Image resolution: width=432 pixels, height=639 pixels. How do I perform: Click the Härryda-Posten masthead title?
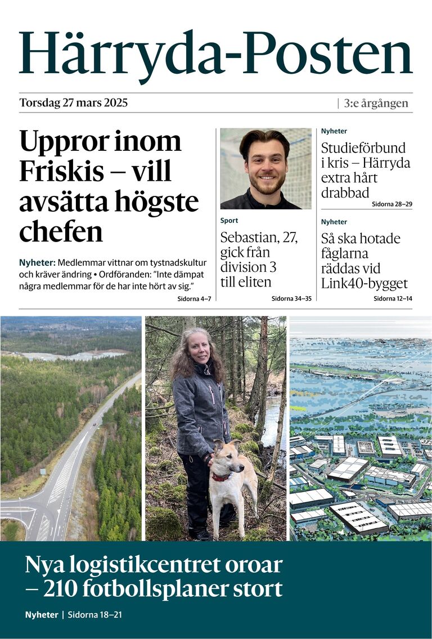coord(216,54)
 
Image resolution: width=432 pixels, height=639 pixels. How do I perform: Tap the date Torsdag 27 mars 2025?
coord(74,103)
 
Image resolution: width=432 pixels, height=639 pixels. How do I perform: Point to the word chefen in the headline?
coord(61,232)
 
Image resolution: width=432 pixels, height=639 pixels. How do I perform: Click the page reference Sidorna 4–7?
coord(193,298)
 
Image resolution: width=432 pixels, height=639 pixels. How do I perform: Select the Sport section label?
coord(229,221)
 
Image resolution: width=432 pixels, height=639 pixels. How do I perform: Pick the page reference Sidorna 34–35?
coord(291,298)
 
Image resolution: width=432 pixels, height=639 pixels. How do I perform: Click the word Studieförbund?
coord(363,148)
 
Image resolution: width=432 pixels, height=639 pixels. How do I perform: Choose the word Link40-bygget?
coord(364,284)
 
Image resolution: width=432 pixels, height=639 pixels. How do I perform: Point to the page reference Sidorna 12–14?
coord(393,298)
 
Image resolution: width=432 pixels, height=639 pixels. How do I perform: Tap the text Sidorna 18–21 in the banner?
coord(94,615)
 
